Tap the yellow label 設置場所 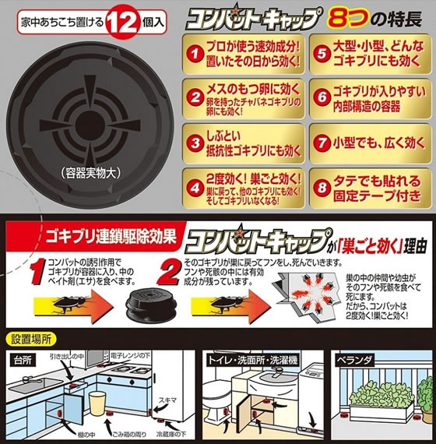pyautogui.click(x=29, y=340)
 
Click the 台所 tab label pyautogui.click(x=25, y=361)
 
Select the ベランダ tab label pyautogui.click(x=355, y=361)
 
